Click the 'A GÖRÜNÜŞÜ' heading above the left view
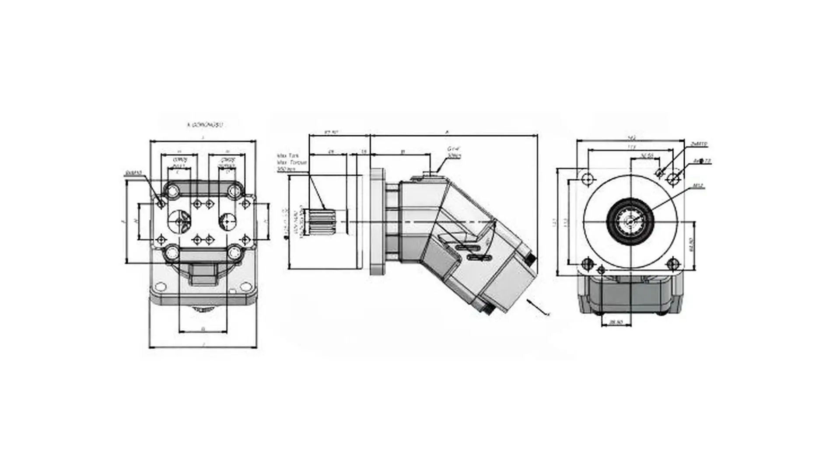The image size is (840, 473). coord(205,125)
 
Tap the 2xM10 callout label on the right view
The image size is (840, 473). coord(699,144)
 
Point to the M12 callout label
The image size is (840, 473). coord(698,186)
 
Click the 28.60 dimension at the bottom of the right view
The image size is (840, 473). coord(616,322)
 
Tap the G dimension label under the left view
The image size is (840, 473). coord(203,328)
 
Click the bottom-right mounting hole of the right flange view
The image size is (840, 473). coord(673,264)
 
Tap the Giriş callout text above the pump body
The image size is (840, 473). coord(454,152)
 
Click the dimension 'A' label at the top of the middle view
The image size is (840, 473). coord(447,131)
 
